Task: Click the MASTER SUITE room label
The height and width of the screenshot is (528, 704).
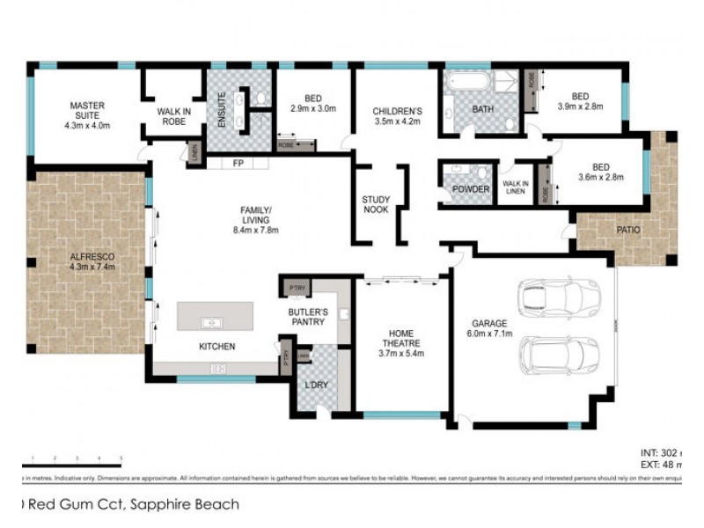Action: click(86, 106)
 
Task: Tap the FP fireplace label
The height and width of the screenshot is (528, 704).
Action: click(238, 164)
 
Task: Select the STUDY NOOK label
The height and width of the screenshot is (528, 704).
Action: click(376, 205)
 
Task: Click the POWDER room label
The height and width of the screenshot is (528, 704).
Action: click(470, 190)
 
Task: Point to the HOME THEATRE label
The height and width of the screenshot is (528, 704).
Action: click(401, 338)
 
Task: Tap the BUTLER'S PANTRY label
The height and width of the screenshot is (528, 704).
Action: click(308, 317)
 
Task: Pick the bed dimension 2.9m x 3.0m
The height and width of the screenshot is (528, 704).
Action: click(314, 109)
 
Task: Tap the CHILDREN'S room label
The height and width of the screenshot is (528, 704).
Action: click(398, 111)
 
